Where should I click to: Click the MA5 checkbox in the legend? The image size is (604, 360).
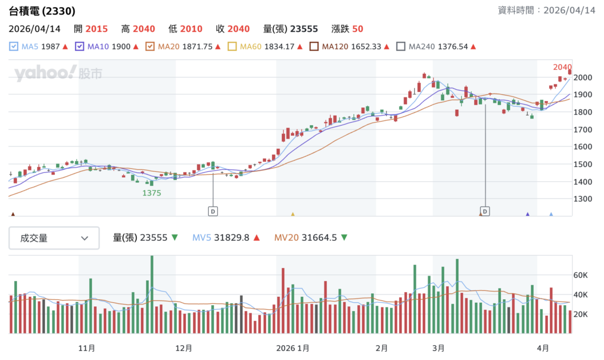click(x=14, y=47)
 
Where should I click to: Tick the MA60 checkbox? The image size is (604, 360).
click(x=232, y=47)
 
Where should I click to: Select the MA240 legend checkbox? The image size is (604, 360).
click(x=401, y=47)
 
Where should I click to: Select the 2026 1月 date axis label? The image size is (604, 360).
click(x=293, y=348)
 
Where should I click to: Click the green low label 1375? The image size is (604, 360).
click(x=152, y=192)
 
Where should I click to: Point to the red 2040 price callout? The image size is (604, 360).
click(x=562, y=67)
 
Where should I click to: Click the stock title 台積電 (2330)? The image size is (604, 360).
click(x=42, y=11)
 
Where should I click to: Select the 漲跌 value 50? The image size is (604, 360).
click(x=357, y=29)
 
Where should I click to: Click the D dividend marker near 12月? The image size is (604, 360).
click(x=212, y=211)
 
